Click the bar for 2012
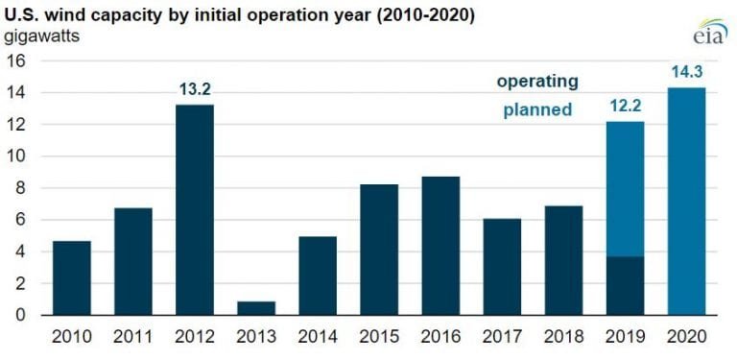[194, 210]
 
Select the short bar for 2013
[256, 308]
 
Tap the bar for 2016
[440, 246]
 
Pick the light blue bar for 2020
[686, 202]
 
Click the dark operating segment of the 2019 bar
[625, 286]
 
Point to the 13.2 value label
[194, 91]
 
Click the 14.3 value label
[686, 73]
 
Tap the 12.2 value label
[625, 108]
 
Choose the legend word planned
[537, 110]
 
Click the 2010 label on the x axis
[72, 337]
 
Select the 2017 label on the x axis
[502, 337]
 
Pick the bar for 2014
[318, 276]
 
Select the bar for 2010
[72, 278]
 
